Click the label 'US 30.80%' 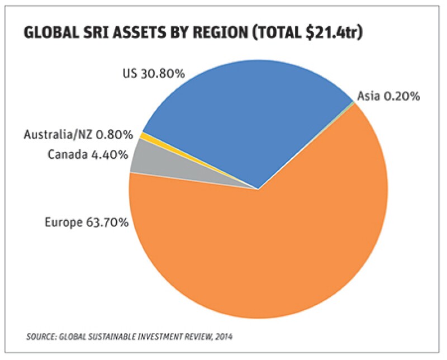tap(153, 73)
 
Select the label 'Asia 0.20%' tap(389, 96)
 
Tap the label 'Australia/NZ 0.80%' tap(78, 135)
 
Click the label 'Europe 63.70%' tap(87, 222)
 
